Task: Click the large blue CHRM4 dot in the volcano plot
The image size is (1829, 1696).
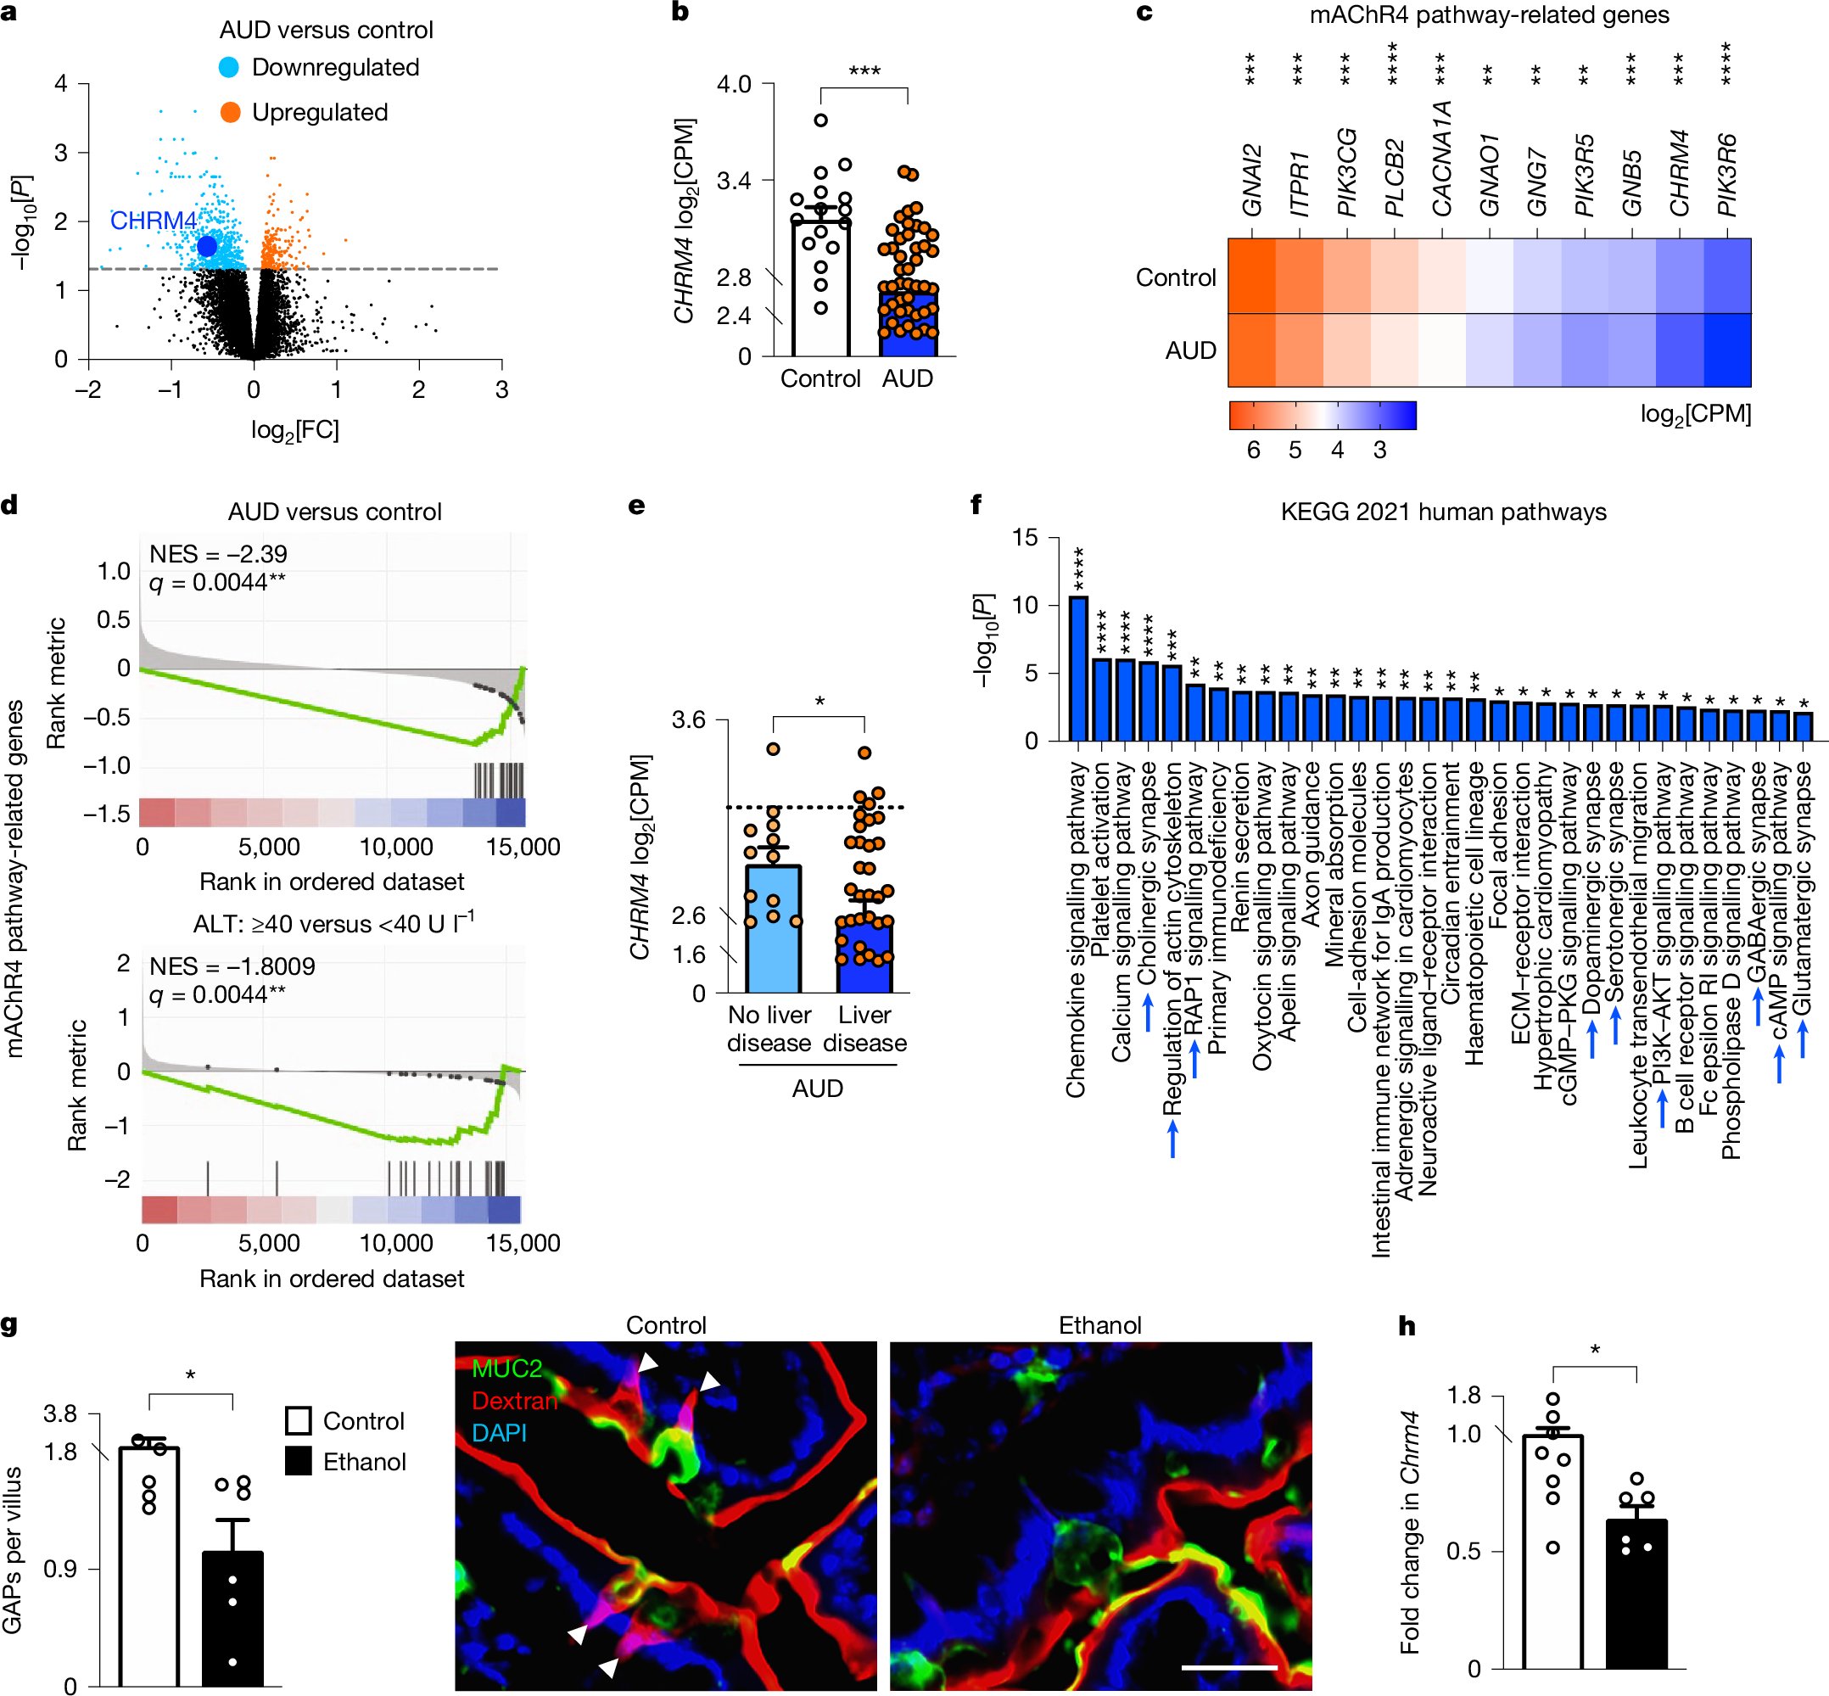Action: point(206,246)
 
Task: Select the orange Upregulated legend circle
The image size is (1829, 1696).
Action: point(231,113)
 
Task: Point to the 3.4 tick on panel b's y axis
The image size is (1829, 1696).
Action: point(733,181)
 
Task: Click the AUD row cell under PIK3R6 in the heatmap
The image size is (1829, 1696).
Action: point(1726,350)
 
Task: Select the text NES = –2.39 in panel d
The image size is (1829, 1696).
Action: point(218,554)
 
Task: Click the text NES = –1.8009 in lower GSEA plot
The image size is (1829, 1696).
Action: point(232,966)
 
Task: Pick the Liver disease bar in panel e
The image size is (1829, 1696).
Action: point(864,954)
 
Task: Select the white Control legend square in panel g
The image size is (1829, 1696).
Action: point(299,1422)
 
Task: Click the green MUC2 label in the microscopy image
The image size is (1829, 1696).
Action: point(506,1369)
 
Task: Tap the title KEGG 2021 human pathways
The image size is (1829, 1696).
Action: point(1444,512)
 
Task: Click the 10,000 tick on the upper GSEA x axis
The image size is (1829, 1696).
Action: point(395,847)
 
